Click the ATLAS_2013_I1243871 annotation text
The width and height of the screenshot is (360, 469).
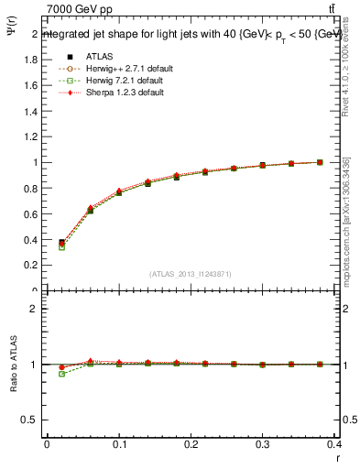(191, 275)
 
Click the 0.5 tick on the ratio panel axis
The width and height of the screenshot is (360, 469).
(28, 420)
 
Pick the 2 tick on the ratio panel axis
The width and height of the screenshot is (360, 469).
(33, 309)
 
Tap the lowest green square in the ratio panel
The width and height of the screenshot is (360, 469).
(61, 374)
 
